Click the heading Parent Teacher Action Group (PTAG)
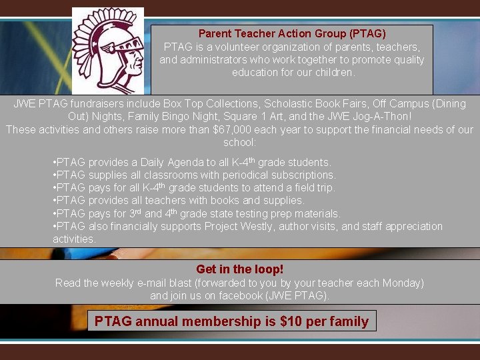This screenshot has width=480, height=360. click(x=292, y=33)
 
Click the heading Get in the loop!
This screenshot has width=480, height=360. click(x=239, y=269)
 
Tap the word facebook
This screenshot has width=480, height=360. click(x=236, y=295)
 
